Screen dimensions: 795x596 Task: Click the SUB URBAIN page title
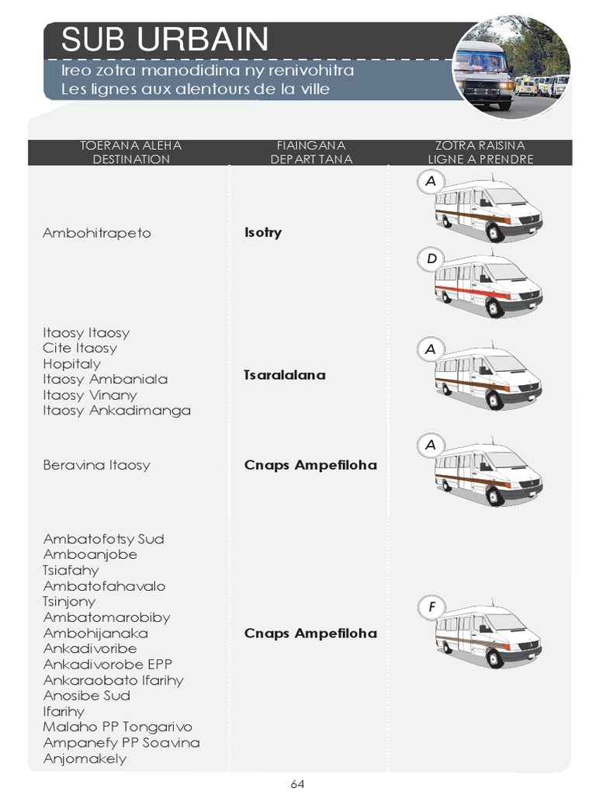[x=165, y=40]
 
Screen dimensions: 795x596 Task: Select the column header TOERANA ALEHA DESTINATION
[x=130, y=152]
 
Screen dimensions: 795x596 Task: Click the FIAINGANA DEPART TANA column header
[x=311, y=152]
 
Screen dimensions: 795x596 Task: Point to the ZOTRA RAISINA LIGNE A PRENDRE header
[x=480, y=152]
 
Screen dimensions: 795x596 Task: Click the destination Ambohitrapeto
[x=97, y=233]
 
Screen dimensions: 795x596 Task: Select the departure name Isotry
[x=263, y=233]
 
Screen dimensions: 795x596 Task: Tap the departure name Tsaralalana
[x=285, y=375]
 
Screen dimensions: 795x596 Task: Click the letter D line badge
[x=431, y=259]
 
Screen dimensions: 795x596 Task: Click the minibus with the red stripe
[x=487, y=286]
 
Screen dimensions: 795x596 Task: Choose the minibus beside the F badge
[x=487, y=634]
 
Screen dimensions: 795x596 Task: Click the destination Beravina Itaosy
[x=97, y=465]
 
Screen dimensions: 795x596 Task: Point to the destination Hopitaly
[x=72, y=363]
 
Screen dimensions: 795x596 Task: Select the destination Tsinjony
[x=70, y=602]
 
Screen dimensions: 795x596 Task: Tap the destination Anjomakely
[x=85, y=759]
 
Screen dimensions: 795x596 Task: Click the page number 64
[x=297, y=784]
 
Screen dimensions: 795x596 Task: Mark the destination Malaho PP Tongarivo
[x=118, y=727]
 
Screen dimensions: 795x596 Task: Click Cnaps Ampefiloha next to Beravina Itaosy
[x=310, y=465]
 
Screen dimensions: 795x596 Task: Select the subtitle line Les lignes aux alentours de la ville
[x=196, y=89]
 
